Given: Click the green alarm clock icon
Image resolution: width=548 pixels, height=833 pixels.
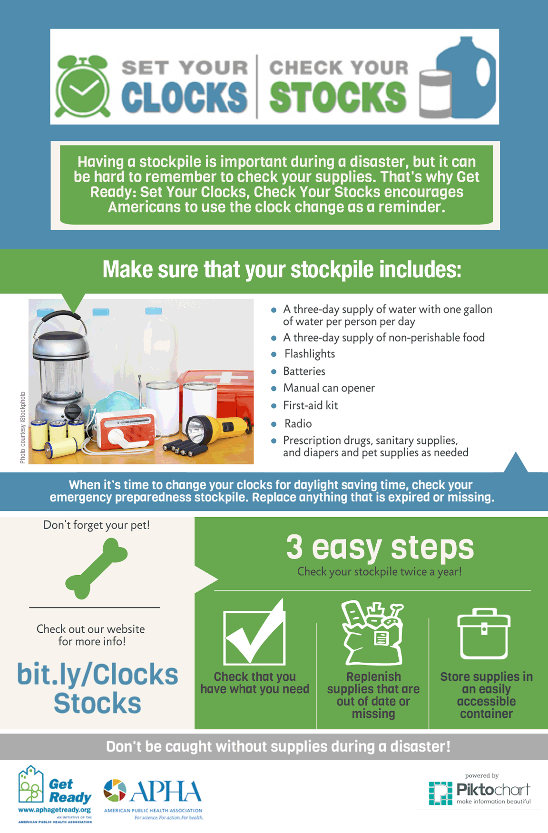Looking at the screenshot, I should (83, 87).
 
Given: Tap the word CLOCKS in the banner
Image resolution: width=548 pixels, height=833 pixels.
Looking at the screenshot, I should (184, 98).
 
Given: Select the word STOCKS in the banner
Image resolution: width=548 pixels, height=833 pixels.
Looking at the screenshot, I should (338, 98).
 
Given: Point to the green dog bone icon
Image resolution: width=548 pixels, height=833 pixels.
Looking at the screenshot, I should (96, 568).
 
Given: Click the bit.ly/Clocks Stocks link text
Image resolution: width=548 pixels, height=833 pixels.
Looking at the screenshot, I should (98, 688).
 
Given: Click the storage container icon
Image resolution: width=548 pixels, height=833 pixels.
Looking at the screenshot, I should (484, 634).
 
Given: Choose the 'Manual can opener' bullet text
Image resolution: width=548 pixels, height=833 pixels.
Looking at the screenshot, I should (329, 388).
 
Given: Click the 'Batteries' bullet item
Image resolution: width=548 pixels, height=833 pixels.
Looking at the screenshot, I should (304, 371).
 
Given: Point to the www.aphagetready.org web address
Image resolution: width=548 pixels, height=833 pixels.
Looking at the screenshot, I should (54, 810).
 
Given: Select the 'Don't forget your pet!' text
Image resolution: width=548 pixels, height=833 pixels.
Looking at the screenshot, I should (97, 525).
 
